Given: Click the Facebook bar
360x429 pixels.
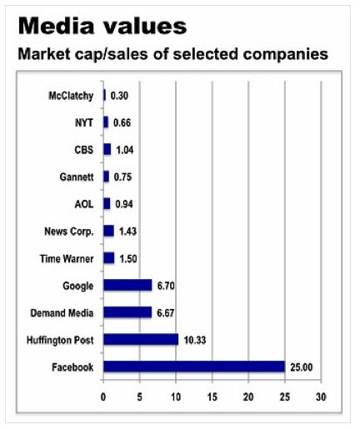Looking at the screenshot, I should [194, 366].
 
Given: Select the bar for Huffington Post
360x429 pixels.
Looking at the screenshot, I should [141, 339].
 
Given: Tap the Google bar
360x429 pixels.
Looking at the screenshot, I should [127, 285].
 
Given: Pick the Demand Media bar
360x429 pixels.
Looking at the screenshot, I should [127, 312].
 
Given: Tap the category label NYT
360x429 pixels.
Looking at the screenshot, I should [84, 122].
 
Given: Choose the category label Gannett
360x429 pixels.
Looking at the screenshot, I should [75, 177].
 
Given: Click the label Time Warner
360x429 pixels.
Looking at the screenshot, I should [67, 258].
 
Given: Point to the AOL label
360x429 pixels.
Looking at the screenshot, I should [84, 204].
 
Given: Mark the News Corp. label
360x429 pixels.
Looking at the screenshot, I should [67, 231].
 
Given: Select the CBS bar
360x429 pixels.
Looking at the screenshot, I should [107, 149].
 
